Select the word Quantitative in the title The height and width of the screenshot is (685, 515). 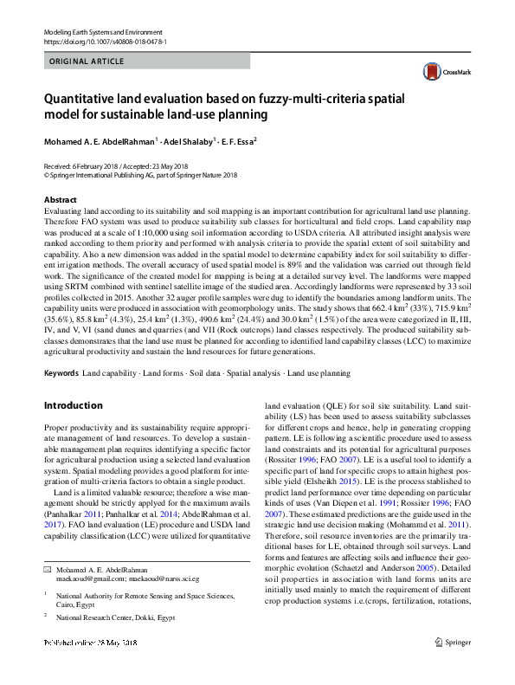(85, 99)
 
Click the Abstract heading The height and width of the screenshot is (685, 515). (60, 199)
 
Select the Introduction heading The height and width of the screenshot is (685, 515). (73, 406)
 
